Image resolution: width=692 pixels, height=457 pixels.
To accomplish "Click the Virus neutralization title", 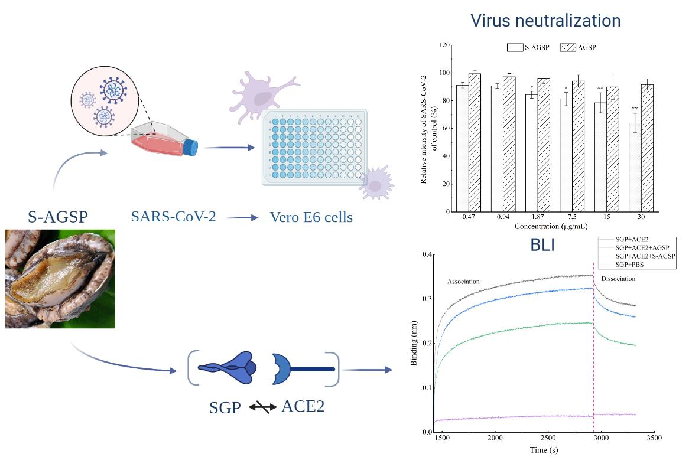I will click(x=545, y=21).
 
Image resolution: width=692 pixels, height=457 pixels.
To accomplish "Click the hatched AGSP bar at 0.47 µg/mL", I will click(x=475, y=142).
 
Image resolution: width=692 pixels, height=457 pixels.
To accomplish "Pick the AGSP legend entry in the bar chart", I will click(x=586, y=47).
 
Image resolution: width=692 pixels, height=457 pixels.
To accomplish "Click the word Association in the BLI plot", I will click(x=464, y=281).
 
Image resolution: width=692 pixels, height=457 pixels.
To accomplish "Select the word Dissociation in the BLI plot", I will click(x=618, y=278).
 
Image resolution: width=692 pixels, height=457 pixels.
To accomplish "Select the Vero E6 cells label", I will click(x=311, y=217).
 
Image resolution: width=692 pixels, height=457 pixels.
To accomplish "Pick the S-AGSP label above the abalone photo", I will click(x=58, y=217).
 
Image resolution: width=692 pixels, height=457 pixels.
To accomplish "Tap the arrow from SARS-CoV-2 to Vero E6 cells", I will click(x=243, y=217).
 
